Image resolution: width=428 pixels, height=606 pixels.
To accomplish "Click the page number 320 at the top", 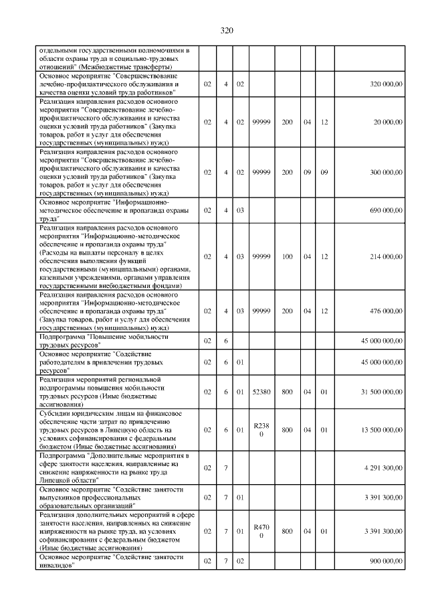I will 225,30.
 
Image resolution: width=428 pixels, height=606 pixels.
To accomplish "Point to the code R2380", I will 261,429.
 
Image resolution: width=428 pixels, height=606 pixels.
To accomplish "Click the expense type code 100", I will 287,256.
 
